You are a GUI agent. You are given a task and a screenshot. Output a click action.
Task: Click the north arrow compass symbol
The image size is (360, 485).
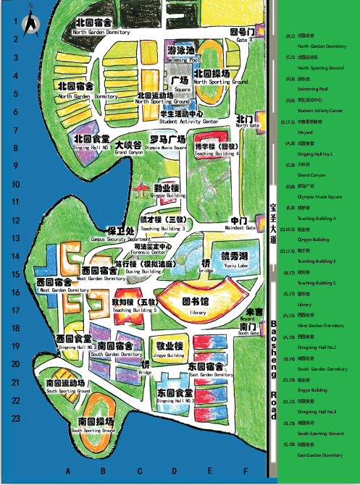pos(32,23)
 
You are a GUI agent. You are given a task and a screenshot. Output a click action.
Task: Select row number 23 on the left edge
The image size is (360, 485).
pos(14,418)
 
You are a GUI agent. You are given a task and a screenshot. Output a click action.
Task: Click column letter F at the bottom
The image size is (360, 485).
pos(246,471)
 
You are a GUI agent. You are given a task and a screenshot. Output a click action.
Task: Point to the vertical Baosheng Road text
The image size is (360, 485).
pos(272,369)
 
